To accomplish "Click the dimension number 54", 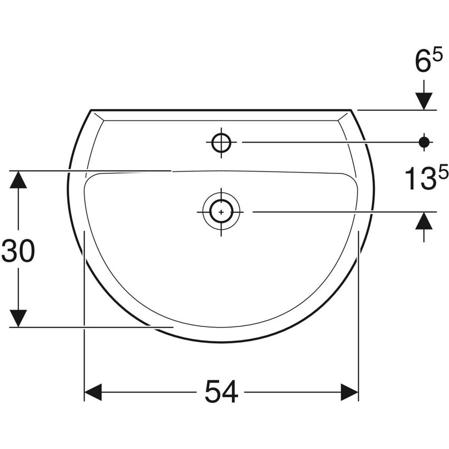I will click(221, 392).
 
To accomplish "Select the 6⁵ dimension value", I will click(428, 62).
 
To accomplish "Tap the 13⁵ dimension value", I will click(427, 178).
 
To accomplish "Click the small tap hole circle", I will click(221, 142).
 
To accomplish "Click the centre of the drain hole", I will click(221, 211).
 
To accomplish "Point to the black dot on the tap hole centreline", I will click(424, 142).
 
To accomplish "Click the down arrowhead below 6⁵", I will click(424, 100).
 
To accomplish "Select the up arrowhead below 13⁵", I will click(424, 221).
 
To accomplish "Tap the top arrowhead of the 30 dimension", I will click(18, 180).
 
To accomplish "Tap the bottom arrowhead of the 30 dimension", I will click(18, 318).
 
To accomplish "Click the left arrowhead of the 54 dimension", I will click(93, 392).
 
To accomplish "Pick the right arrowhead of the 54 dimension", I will click(350, 392).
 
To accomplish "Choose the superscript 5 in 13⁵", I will click(443, 172).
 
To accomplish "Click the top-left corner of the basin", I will click(91, 110).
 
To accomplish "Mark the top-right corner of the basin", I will click(351, 110).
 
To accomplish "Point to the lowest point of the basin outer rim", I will click(221, 342).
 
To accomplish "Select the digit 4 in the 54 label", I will click(230, 392).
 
